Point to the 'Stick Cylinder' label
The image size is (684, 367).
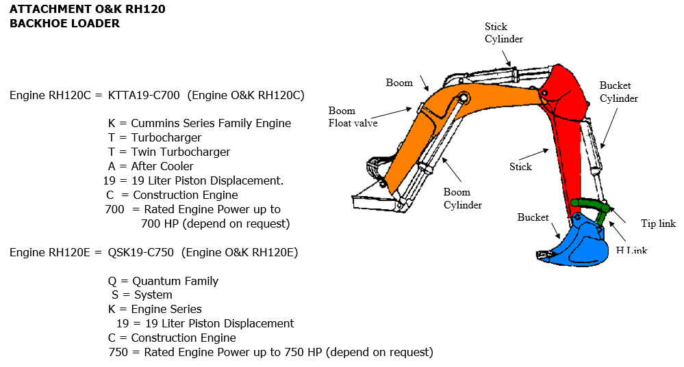[503, 33]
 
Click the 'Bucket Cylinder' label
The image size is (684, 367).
[618, 92]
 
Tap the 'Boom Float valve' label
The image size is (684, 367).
[353, 117]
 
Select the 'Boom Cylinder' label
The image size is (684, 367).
[462, 198]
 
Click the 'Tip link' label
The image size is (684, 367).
[658, 223]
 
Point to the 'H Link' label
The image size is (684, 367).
[631, 250]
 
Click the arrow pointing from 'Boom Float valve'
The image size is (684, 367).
[391, 113]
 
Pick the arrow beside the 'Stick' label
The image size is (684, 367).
[534, 154]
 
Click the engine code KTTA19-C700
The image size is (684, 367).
[144, 96]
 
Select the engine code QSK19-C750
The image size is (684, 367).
[140, 252]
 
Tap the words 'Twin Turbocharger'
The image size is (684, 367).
[181, 152]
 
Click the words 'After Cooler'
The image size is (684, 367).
[162, 166]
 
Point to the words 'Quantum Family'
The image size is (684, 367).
[175, 282]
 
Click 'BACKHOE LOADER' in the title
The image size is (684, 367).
[64, 23]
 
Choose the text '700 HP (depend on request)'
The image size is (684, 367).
[216, 223]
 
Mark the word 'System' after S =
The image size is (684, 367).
[153, 295]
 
